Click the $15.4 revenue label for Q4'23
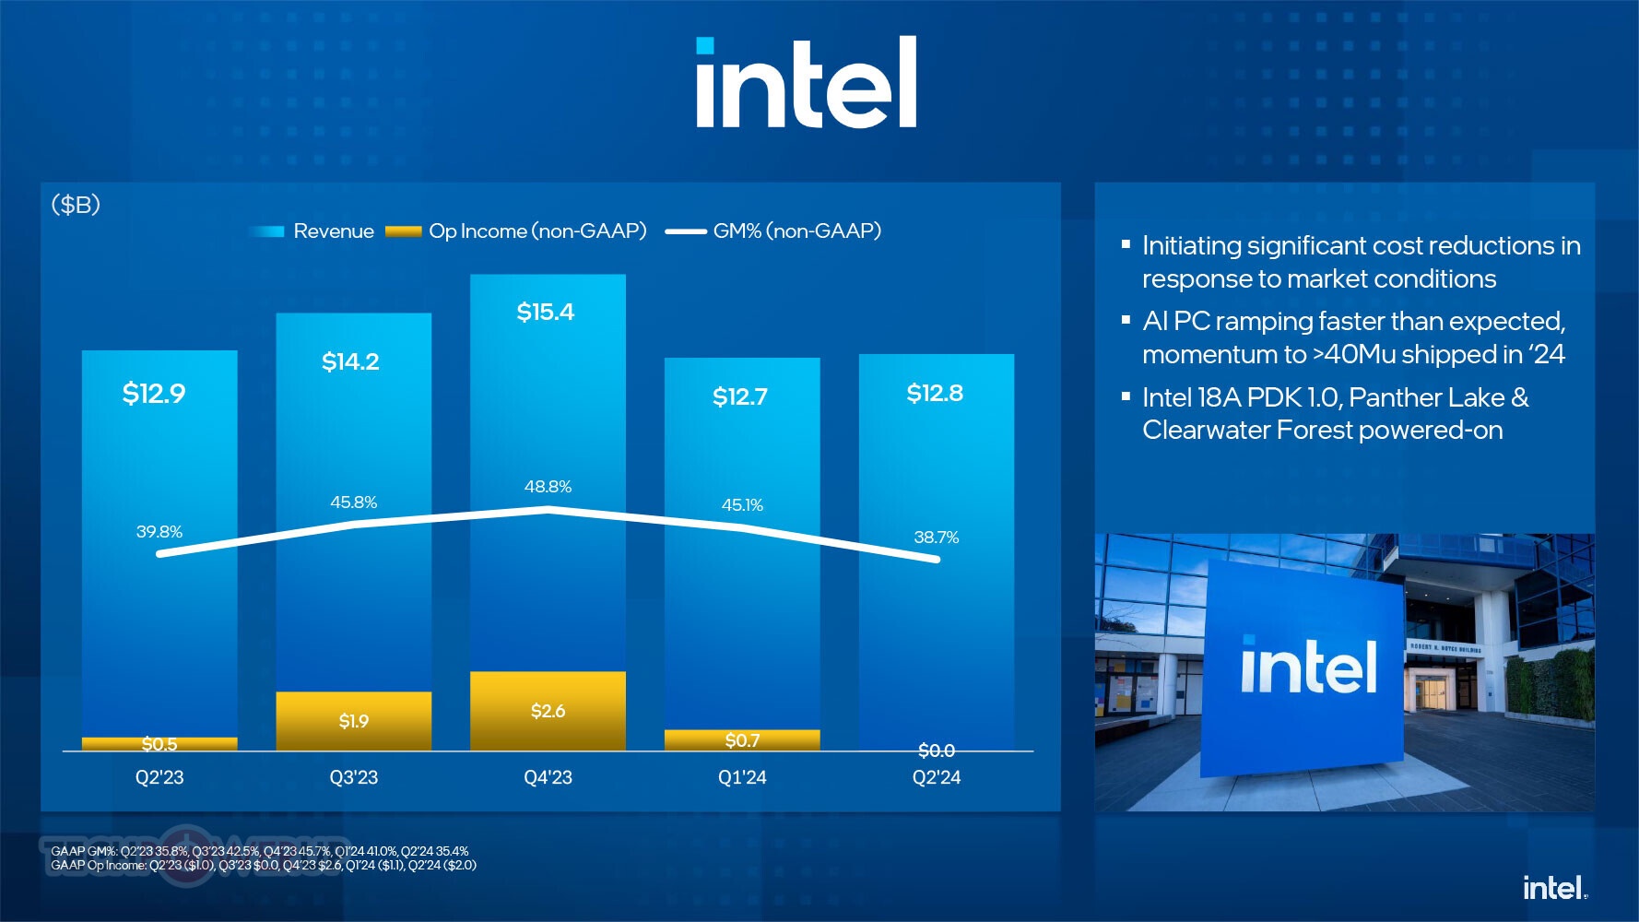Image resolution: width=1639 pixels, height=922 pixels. click(545, 313)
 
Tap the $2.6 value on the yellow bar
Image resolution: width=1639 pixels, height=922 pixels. click(548, 711)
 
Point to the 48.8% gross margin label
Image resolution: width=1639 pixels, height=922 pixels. click(548, 487)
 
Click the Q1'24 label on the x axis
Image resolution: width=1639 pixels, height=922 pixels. click(742, 777)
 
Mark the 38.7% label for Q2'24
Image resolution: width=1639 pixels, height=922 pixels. click(936, 538)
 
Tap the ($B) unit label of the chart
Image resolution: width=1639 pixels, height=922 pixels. click(76, 205)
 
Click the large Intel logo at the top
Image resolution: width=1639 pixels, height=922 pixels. click(806, 83)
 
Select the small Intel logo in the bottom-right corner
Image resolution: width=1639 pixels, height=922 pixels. click(1554, 888)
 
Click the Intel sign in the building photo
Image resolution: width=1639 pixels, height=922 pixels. click(1308, 668)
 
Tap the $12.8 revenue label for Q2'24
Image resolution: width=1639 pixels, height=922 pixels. click(935, 394)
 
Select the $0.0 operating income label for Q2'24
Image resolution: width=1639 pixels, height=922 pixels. click(936, 751)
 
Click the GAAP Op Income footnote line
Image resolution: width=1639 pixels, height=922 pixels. click(264, 866)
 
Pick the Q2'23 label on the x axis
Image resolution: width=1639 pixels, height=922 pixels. click(159, 777)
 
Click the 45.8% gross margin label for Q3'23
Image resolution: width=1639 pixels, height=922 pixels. click(353, 502)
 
